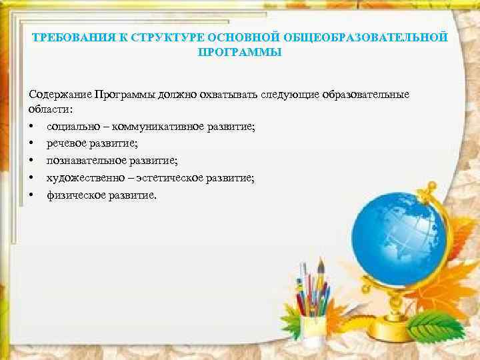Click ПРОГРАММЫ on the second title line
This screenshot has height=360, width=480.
click(240, 51)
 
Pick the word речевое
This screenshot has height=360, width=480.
click(67, 143)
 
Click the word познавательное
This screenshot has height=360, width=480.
click(88, 160)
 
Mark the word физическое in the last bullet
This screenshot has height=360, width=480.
click(75, 195)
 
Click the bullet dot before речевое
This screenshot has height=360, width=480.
click(32, 143)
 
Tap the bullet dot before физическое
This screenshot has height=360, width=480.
click(32, 195)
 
